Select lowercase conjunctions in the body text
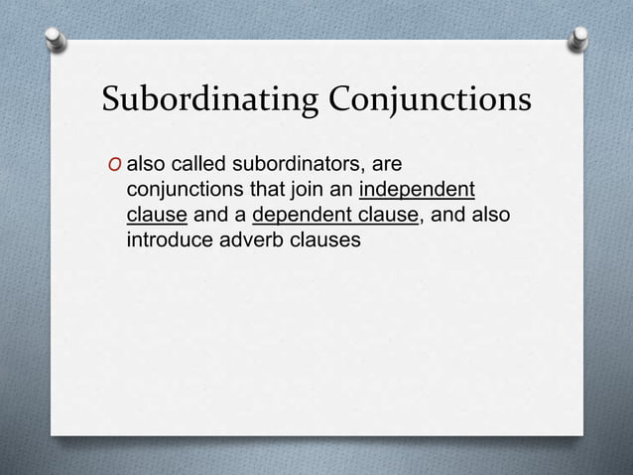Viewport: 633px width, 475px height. coord(189,189)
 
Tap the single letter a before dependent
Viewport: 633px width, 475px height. coord(240,215)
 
